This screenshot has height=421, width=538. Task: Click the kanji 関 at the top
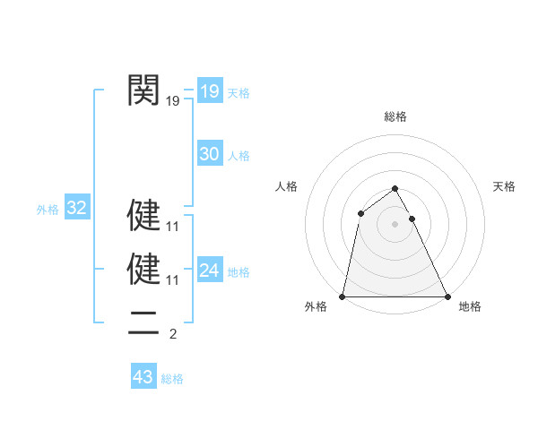point(143,90)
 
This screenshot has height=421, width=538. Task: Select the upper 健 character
point(143,215)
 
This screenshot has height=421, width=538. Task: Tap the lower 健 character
point(143,269)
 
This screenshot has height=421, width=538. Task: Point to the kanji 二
point(143,321)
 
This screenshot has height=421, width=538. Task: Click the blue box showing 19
point(209,91)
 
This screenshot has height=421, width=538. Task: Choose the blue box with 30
point(209,154)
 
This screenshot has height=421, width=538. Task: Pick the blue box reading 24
point(209,271)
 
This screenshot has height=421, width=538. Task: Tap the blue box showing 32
point(77,209)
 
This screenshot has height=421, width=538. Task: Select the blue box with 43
point(143,377)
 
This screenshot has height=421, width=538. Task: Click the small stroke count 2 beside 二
point(173,335)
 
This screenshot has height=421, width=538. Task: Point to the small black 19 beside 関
point(173,102)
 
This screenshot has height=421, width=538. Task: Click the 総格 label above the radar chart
point(395,116)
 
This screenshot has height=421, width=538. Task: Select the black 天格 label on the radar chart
point(504,186)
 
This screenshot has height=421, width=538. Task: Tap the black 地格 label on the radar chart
point(470,307)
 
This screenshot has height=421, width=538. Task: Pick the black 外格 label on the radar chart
point(316,307)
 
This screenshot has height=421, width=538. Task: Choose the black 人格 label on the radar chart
point(286,186)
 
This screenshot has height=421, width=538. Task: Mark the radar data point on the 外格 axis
point(343,296)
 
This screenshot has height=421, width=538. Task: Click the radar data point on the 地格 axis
point(447,296)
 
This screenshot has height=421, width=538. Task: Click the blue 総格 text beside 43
point(172,379)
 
